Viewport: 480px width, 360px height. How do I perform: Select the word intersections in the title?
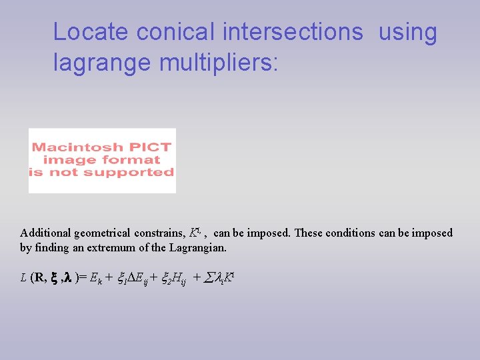tap(293, 32)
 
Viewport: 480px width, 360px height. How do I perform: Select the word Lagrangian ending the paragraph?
tap(199, 248)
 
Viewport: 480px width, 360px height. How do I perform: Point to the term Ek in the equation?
tap(95, 279)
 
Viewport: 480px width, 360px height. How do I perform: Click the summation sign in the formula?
tap(206, 278)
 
